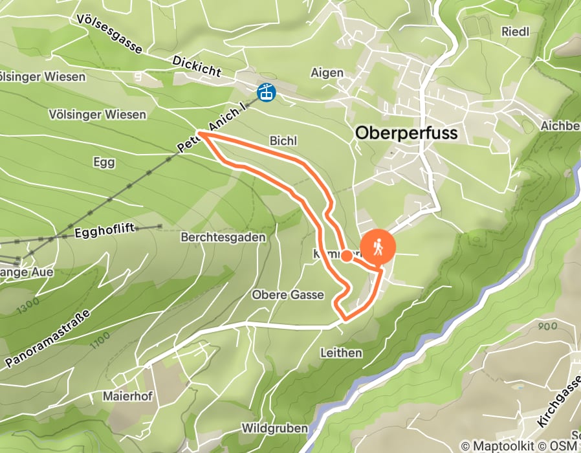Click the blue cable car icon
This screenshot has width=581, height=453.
(x=266, y=93)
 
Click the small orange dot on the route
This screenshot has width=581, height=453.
(x=347, y=256)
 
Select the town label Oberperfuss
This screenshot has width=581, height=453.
(x=406, y=133)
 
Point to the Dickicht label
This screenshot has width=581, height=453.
(x=197, y=66)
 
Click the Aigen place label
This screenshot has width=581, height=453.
(x=327, y=72)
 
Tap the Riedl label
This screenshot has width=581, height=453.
(x=515, y=31)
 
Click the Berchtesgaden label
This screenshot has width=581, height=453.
(x=224, y=238)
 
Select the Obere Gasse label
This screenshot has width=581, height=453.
(x=287, y=295)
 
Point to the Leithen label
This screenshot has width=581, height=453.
(x=341, y=353)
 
